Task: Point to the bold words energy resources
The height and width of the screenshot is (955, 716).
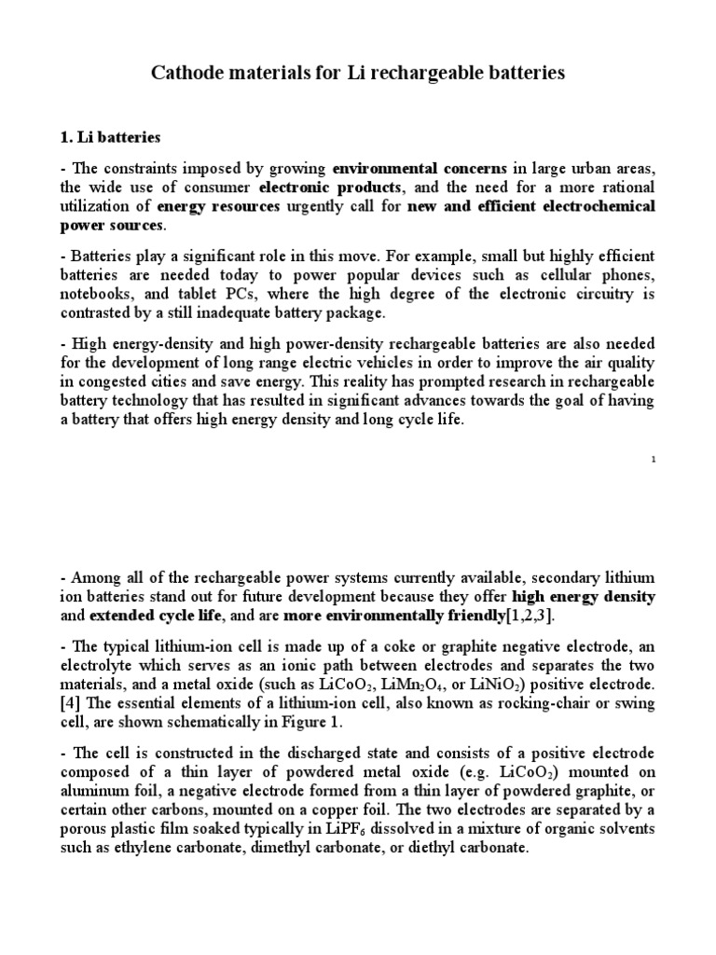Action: (x=218, y=206)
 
